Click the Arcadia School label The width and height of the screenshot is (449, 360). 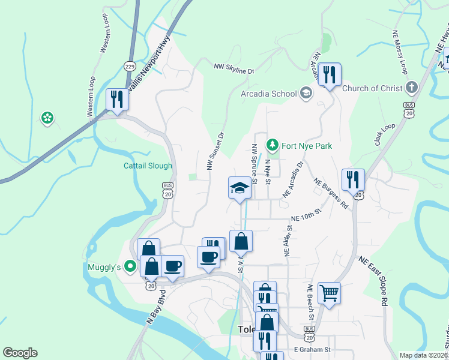(268, 94)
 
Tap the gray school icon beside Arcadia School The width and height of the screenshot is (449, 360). (306, 93)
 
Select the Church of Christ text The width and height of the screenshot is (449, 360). (372, 88)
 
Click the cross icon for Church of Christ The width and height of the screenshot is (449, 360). (411, 88)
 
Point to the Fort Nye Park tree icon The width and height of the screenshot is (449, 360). (273, 145)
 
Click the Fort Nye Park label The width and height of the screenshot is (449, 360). (307, 146)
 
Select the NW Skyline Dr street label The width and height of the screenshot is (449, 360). (235, 68)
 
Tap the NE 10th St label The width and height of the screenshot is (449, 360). (307, 215)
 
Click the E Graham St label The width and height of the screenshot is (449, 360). (312, 349)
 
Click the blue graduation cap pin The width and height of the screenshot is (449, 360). (239, 187)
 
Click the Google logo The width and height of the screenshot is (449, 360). (20, 352)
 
